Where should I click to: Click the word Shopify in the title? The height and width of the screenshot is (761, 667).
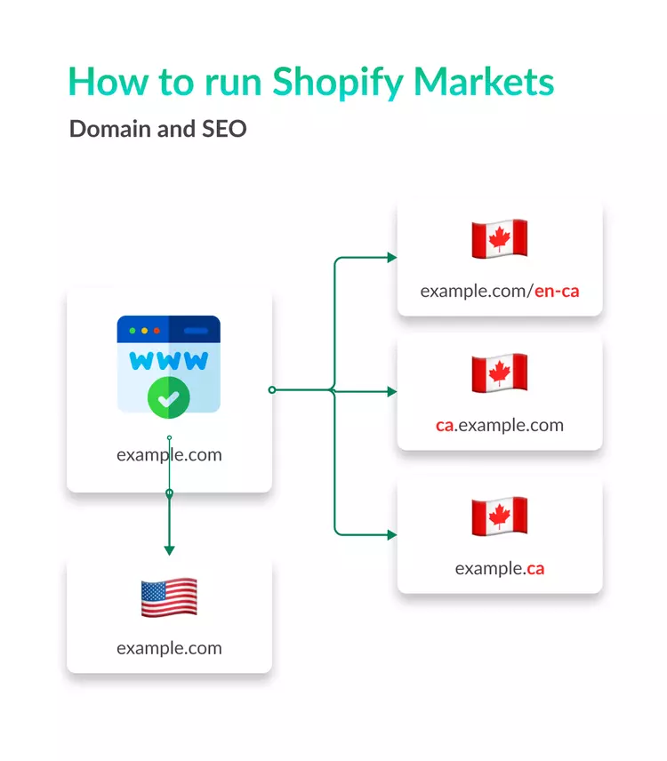pyautogui.click(x=338, y=83)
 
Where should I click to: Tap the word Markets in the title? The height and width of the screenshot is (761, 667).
pyautogui.click(x=484, y=81)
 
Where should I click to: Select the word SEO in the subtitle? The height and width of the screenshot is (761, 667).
pyautogui.click(x=224, y=129)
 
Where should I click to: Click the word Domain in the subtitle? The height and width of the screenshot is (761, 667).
pyautogui.click(x=109, y=129)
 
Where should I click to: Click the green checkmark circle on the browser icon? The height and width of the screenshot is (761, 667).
pyautogui.click(x=168, y=397)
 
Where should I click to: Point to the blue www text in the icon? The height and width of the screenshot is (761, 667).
pyautogui.click(x=168, y=361)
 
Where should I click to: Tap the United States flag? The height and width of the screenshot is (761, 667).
pyautogui.click(x=169, y=597)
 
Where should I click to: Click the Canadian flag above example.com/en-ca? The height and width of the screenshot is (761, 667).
pyautogui.click(x=500, y=238)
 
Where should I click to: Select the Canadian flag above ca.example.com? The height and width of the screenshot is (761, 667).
pyautogui.click(x=500, y=372)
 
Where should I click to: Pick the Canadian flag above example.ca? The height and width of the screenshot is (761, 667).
pyautogui.click(x=500, y=516)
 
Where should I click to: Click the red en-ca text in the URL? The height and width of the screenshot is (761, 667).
pyautogui.click(x=557, y=291)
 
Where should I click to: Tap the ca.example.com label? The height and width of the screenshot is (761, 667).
pyautogui.click(x=500, y=425)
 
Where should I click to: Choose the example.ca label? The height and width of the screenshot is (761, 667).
pyautogui.click(x=500, y=568)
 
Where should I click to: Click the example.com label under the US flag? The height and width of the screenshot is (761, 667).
pyautogui.click(x=169, y=648)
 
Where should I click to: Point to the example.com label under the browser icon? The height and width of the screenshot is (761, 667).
pyautogui.click(x=169, y=455)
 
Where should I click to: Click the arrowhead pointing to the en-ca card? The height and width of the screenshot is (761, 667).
pyautogui.click(x=392, y=258)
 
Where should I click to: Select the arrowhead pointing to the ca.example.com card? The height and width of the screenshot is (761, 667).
pyautogui.click(x=392, y=392)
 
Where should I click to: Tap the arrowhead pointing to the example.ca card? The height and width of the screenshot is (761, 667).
pyautogui.click(x=392, y=535)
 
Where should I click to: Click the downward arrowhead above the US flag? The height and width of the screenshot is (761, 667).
pyautogui.click(x=169, y=550)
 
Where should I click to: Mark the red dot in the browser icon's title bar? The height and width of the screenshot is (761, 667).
pyautogui.click(x=157, y=331)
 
